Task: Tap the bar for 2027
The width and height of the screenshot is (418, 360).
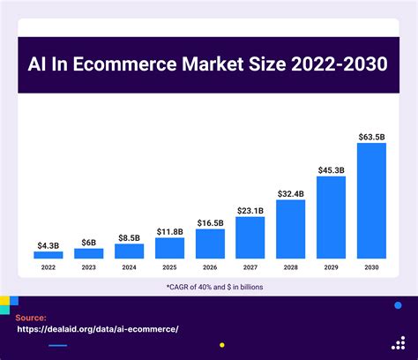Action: pyautogui.click(x=250, y=237)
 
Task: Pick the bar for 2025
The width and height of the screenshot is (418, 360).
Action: pyautogui.click(x=169, y=248)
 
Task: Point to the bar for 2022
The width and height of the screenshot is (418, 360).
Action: pyautogui.click(x=48, y=255)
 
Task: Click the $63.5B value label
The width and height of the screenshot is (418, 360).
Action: pyautogui.click(x=371, y=137)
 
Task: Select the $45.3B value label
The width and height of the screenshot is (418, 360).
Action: pyautogui.click(x=331, y=169)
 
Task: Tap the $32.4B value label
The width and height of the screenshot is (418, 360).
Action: pyautogui.click(x=290, y=193)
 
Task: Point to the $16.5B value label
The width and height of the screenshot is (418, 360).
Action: pyautogui.click(x=210, y=223)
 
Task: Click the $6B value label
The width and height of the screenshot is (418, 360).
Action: pyautogui.click(x=88, y=242)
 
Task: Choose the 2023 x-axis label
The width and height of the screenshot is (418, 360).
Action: pyautogui.click(x=88, y=266)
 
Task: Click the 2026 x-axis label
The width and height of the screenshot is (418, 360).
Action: pyautogui.click(x=210, y=266)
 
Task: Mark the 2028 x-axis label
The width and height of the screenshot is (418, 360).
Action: pyautogui.click(x=290, y=266)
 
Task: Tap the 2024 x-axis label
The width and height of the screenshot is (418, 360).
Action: pyautogui.click(x=129, y=266)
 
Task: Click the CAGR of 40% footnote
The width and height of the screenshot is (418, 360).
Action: pyautogui.click(x=209, y=288)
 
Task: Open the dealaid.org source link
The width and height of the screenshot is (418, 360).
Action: pyautogui.click(x=98, y=328)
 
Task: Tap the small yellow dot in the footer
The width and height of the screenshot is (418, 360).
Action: pyautogui.click(x=221, y=345)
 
